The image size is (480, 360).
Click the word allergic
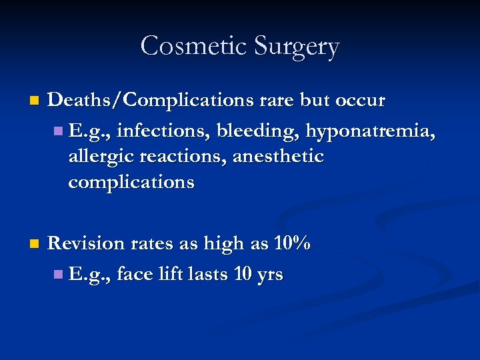pos(99,157)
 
